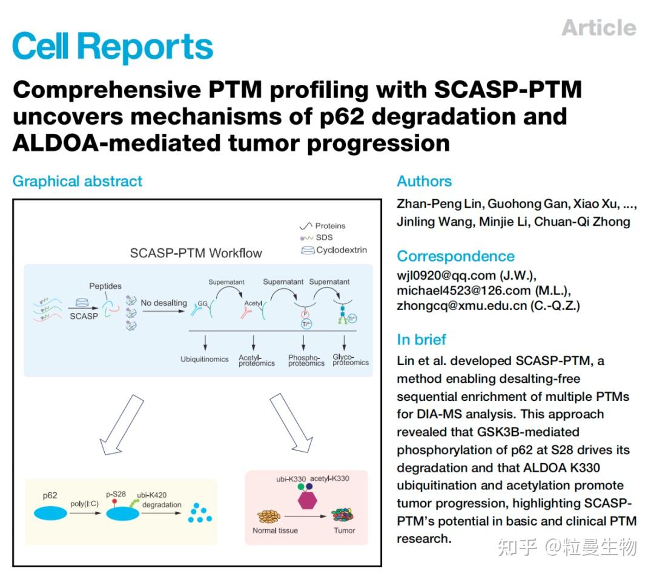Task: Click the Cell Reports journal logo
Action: click(113, 46)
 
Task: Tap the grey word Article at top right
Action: click(598, 27)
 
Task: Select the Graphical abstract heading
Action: click(78, 181)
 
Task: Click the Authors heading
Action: click(424, 181)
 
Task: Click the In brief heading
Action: click(421, 339)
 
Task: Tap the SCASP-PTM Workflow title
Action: click(196, 252)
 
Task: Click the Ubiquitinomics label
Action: click(205, 359)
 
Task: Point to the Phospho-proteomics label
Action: click(306, 360)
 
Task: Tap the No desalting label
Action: click(163, 303)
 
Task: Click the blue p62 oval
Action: click(50, 513)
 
